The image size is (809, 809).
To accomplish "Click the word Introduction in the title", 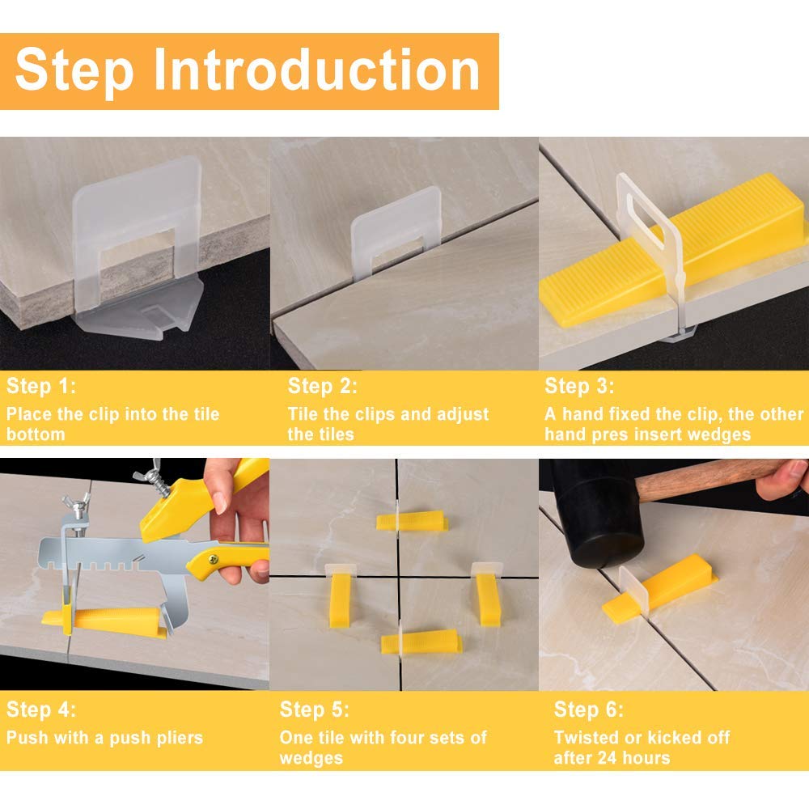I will pos(318,70).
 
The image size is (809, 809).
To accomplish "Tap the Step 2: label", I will pos(322,386).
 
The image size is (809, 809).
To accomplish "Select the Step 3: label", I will pos(579,386).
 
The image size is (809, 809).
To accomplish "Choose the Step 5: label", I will pos(315,711).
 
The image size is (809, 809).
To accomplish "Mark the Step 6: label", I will pos(588,711).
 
